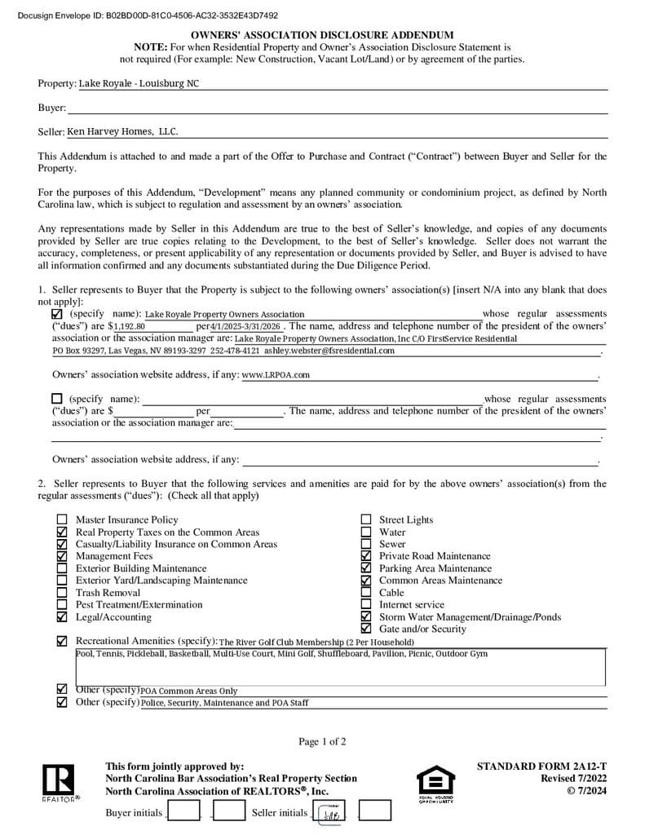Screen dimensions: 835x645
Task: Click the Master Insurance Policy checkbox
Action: (x=62, y=520)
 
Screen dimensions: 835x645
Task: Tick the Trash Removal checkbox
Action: (x=62, y=593)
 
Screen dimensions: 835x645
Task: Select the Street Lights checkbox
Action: (x=365, y=520)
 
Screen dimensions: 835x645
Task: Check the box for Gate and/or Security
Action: (x=365, y=629)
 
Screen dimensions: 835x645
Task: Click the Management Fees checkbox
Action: (x=62, y=556)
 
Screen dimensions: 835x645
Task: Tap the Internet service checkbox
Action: (x=365, y=605)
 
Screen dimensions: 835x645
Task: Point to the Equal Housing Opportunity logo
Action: (x=435, y=784)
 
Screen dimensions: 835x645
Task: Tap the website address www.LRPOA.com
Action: (x=276, y=375)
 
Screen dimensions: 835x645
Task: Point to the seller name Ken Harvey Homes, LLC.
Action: (x=122, y=131)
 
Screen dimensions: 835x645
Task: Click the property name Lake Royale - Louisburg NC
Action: (x=139, y=83)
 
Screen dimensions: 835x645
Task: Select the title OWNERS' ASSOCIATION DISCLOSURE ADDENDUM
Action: (x=322, y=36)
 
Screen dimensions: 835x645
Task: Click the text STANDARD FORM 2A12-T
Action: (x=541, y=767)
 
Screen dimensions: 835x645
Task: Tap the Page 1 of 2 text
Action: (x=322, y=741)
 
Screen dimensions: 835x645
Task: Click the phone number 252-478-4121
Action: (x=235, y=351)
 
